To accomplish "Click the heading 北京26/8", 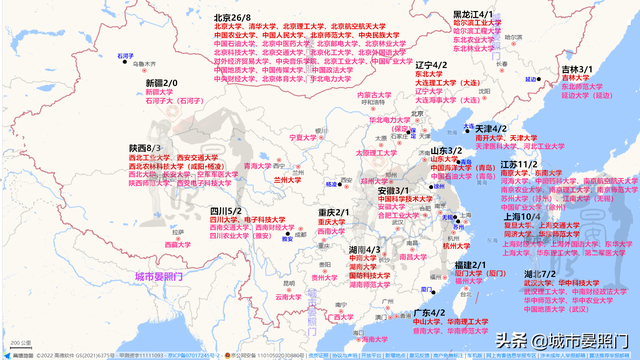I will tap(232, 18).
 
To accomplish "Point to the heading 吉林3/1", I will tap(577, 69).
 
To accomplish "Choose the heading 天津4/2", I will tap(491, 128).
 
